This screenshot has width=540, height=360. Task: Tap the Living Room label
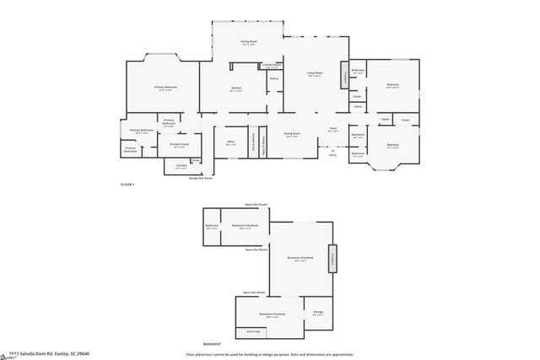pos(315,74)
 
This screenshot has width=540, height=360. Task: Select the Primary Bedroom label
pos(165,88)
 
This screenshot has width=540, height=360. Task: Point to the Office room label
pos(230,142)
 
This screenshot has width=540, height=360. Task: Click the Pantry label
pos(273,78)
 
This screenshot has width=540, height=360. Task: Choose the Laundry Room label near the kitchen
pos(271,64)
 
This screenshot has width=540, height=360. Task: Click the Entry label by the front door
pos(332,155)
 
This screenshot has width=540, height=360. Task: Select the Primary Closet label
pos(179,144)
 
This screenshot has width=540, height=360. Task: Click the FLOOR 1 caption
pos(127,183)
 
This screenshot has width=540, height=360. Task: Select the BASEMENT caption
pos(212,344)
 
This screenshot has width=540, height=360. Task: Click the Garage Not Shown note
pos(200,178)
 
